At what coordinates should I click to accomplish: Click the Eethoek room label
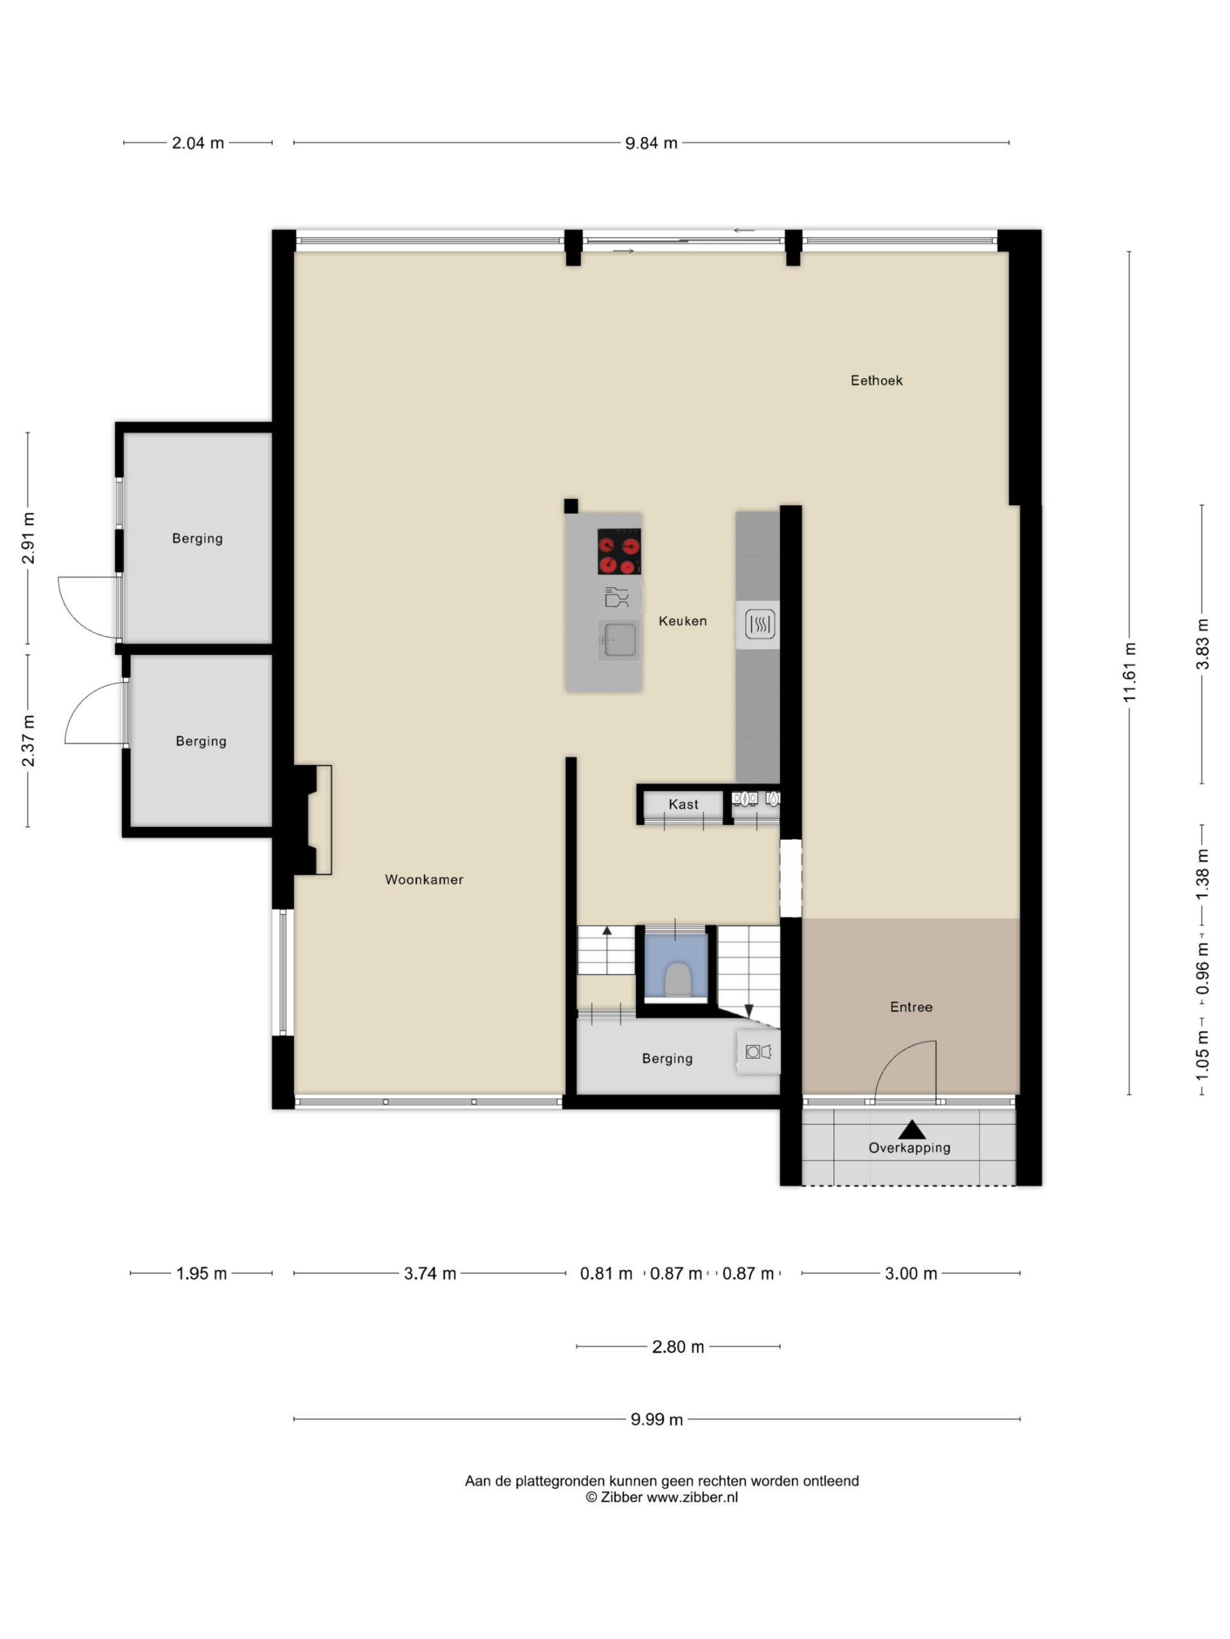[x=876, y=381]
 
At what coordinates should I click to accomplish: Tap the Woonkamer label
[x=424, y=880]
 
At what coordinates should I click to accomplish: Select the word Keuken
[x=683, y=621]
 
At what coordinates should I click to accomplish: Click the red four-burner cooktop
[x=619, y=551]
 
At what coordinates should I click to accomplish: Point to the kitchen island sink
[x=619, y=640]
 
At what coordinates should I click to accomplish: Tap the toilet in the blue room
[x=678, y=979]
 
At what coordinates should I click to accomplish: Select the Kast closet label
[x=684, y=805]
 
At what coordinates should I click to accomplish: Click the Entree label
[x=911, y=1007]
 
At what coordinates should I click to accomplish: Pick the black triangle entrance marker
[x=912, y=1130]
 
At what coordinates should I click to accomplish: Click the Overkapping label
[x=910, y=1149]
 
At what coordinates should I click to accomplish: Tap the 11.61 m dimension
[x=1129, y=673]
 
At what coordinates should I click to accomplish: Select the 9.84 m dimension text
[x=651, y=143]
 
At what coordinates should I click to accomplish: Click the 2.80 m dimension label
[x=678, y=1346]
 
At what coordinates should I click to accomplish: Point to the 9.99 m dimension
[x=657, y=1419]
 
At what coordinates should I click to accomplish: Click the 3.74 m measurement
[x=430, y=1273]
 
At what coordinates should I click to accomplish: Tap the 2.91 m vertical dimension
[x=28, y=538]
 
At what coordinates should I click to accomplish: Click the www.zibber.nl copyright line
[x=661, y=1497]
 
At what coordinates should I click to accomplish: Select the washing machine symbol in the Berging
[x=758, y=1051]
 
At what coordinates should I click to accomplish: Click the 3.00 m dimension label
[x=911, y=1273]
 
